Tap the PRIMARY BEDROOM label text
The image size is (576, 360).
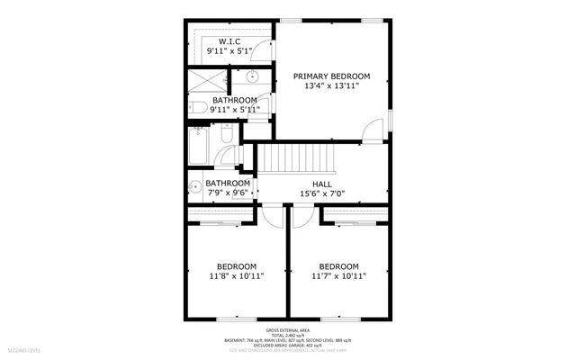point(332,76)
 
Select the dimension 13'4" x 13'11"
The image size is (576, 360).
point(332,85)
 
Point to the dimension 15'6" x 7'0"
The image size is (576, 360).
point(322,193)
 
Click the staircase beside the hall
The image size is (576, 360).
point(296,160)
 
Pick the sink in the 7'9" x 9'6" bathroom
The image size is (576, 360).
point(194,187)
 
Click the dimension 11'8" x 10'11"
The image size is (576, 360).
point(237,277)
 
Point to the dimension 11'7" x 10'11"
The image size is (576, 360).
point(338,277)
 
